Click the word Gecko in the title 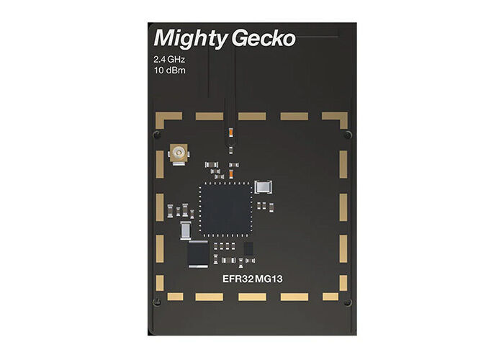264,38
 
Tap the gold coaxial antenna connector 178,153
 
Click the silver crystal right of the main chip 264,186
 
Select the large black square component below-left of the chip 197,253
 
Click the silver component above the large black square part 186,230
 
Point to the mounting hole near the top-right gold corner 347,135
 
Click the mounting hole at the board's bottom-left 156,302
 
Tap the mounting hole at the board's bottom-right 347,302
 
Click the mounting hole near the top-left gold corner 156,135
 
